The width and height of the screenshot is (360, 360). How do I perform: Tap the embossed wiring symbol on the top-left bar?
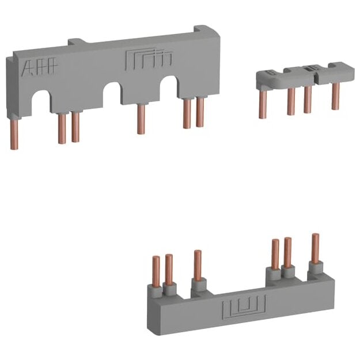pyautogui.click(x=149, y=59)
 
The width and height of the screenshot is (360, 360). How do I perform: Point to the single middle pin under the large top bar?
pyautogui.click(x=141, y=119)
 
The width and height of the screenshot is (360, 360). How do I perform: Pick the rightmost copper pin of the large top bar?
pyautogui.click(x=200, y=112)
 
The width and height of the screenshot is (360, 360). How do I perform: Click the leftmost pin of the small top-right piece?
pyautogui.click(x=263, y=105)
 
